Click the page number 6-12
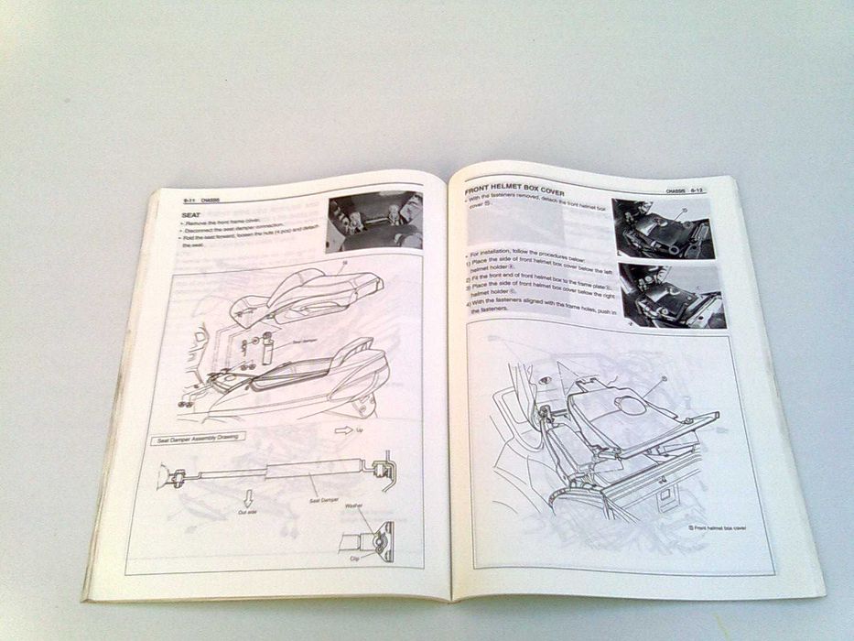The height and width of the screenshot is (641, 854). pos(697,190)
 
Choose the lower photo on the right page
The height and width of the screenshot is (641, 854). pos(672,295)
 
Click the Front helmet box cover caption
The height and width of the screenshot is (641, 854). pos(717,528)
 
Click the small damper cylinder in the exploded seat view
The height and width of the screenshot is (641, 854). pos(268,349)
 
